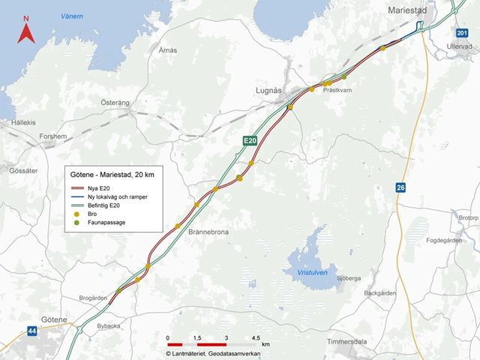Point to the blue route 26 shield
click(x=401, y=187)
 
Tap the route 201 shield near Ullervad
click(x=460, y=33)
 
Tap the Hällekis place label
click(x=23, y=121)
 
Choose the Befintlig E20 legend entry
click(x=104, y=205)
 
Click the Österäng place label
click(x=115, y=101)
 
